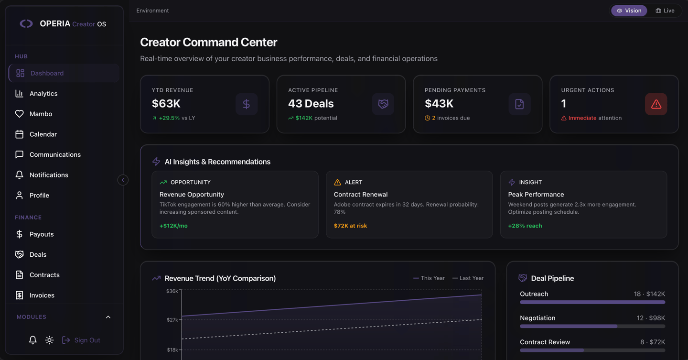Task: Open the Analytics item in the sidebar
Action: tap(43, 93)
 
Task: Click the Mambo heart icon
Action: tap(19, 114)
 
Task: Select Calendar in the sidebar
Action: tap(43, 134)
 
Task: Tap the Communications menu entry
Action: tap(55, 154)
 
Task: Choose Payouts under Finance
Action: tap(42, 234)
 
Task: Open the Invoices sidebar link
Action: tap(42, 295)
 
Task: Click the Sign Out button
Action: tap(81, 340)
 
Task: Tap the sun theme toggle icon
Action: tap(49, 340)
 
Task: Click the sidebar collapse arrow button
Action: tap(123, 180)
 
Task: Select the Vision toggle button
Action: tap(629, 11)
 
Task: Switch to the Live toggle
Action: tap(665, 11)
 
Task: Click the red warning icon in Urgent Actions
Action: tap(656, 104)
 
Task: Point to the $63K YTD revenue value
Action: tap(166, 104)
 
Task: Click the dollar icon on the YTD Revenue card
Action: tap(247, 104)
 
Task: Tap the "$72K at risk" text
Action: tap(350, 226)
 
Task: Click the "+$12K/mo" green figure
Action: tap(173, 226)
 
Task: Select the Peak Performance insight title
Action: tap(536, 194)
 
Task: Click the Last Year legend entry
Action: tap(468, 278)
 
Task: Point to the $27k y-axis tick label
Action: tap(172, 320)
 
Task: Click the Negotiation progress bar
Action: tap(592, 326)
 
